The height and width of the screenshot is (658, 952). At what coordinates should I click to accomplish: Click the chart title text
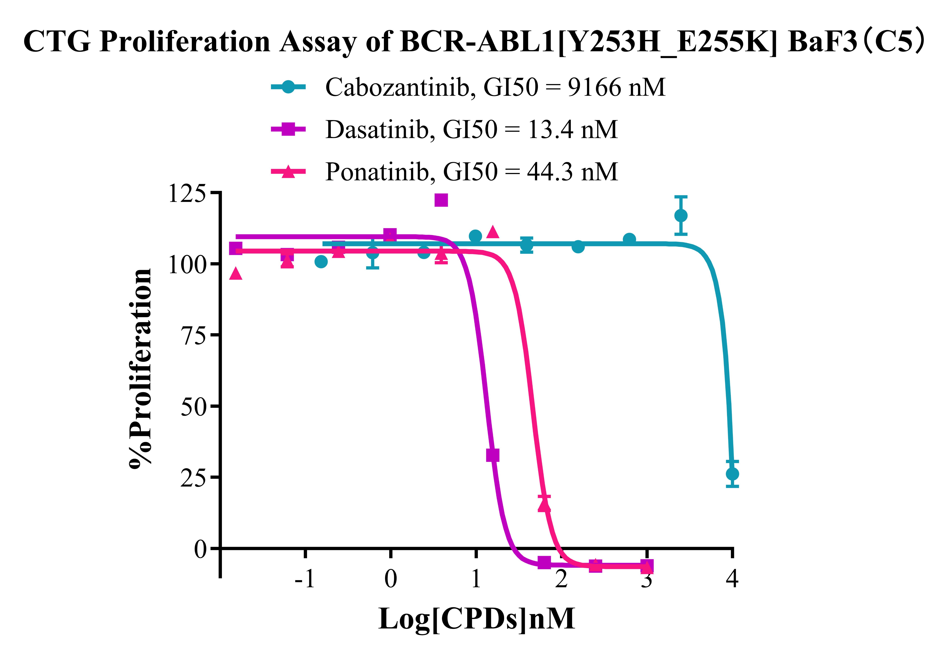coord(474,42)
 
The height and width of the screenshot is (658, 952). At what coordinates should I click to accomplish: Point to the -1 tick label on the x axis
coord(304,579)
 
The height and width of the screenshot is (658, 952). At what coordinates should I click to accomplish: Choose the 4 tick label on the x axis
coord(732,579)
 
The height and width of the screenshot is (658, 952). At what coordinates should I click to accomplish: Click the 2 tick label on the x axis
coord(561,579)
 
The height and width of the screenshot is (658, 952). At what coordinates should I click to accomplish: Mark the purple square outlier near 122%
coord(441,200)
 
